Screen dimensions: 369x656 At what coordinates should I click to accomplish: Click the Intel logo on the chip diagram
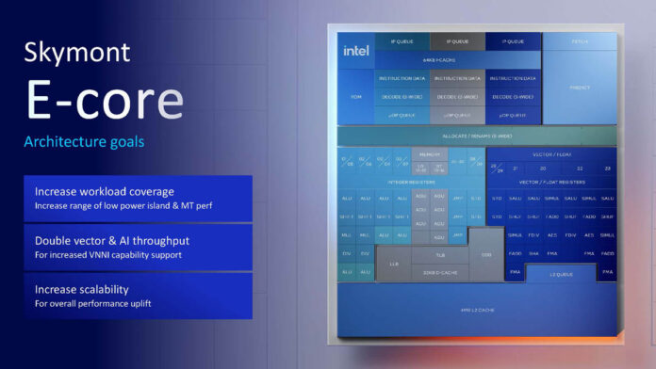(356, 51)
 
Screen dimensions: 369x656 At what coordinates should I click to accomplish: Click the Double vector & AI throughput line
(111, 240)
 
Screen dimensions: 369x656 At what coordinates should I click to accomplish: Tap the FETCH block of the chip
(580, 42)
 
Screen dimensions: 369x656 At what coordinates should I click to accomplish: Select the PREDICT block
(580, 88)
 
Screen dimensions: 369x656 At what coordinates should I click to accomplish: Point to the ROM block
(355, 96)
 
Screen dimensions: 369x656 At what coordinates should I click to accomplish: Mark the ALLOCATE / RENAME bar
(477, 136)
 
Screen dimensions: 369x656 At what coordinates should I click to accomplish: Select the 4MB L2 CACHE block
(477, 310)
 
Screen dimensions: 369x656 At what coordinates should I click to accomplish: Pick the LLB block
(394, 265)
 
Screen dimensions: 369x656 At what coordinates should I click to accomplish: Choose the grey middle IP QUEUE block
(458, 42)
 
